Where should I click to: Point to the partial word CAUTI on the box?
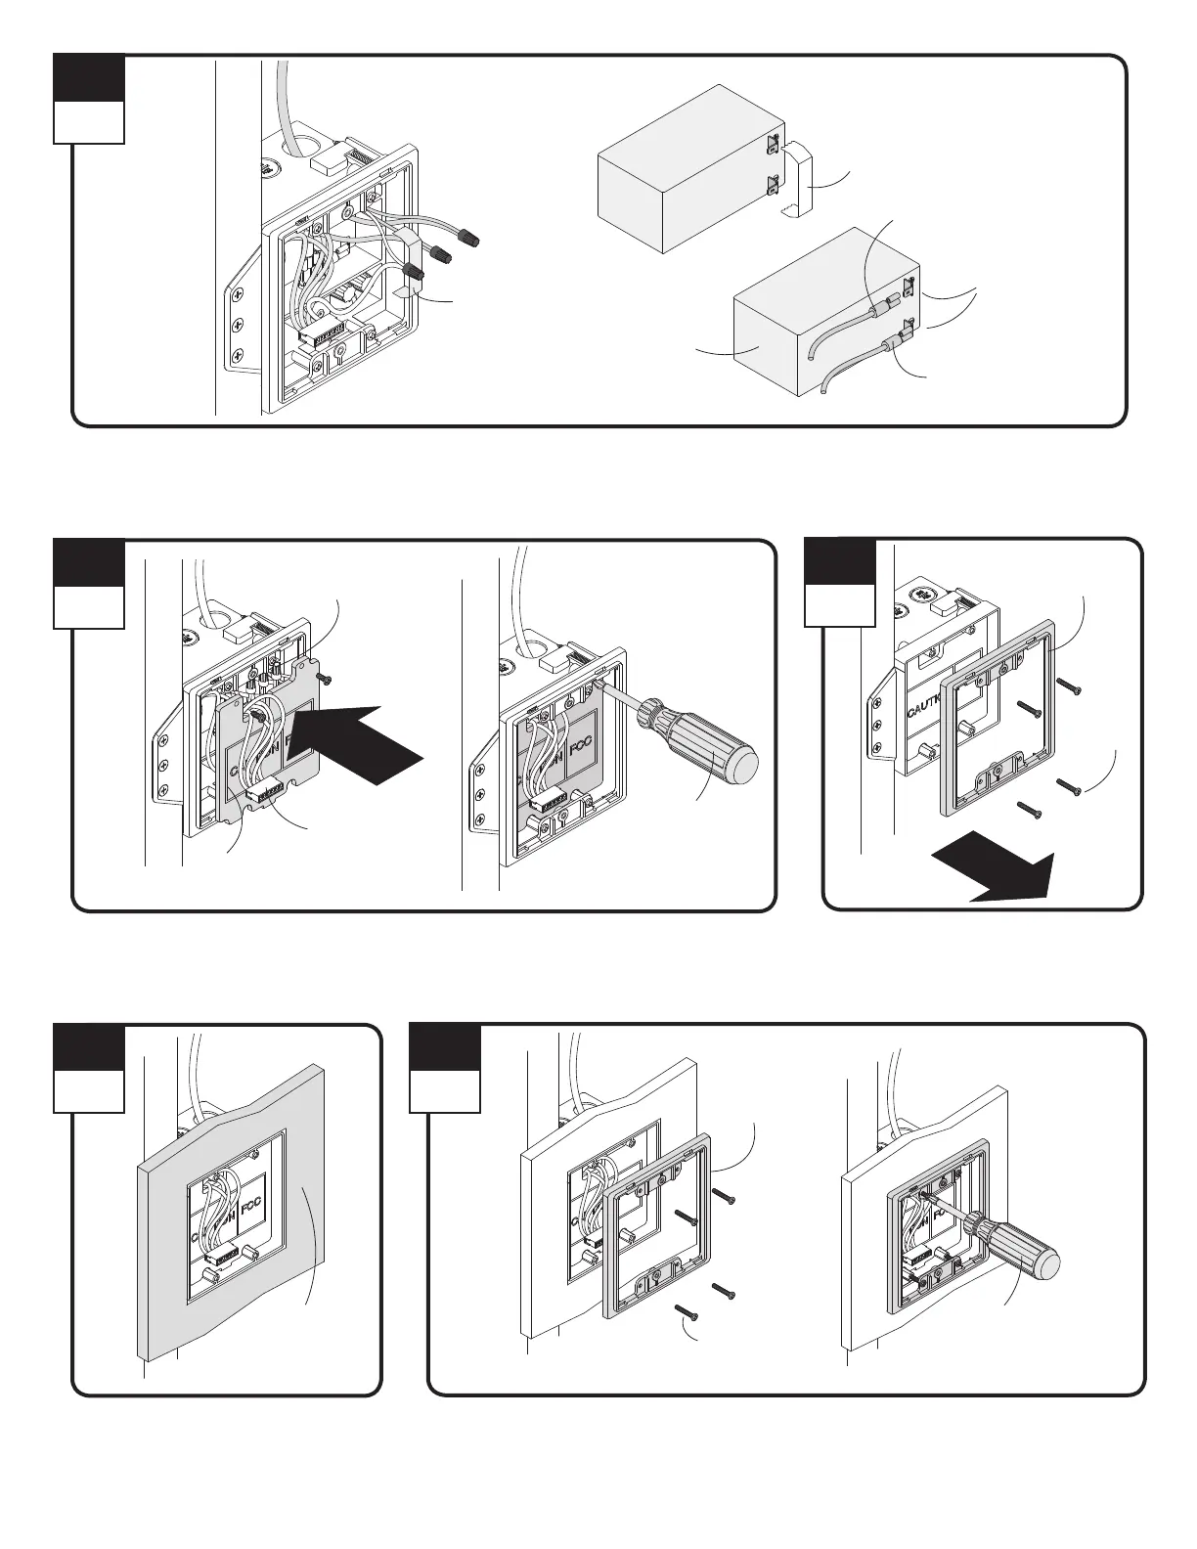click(924, 704)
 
